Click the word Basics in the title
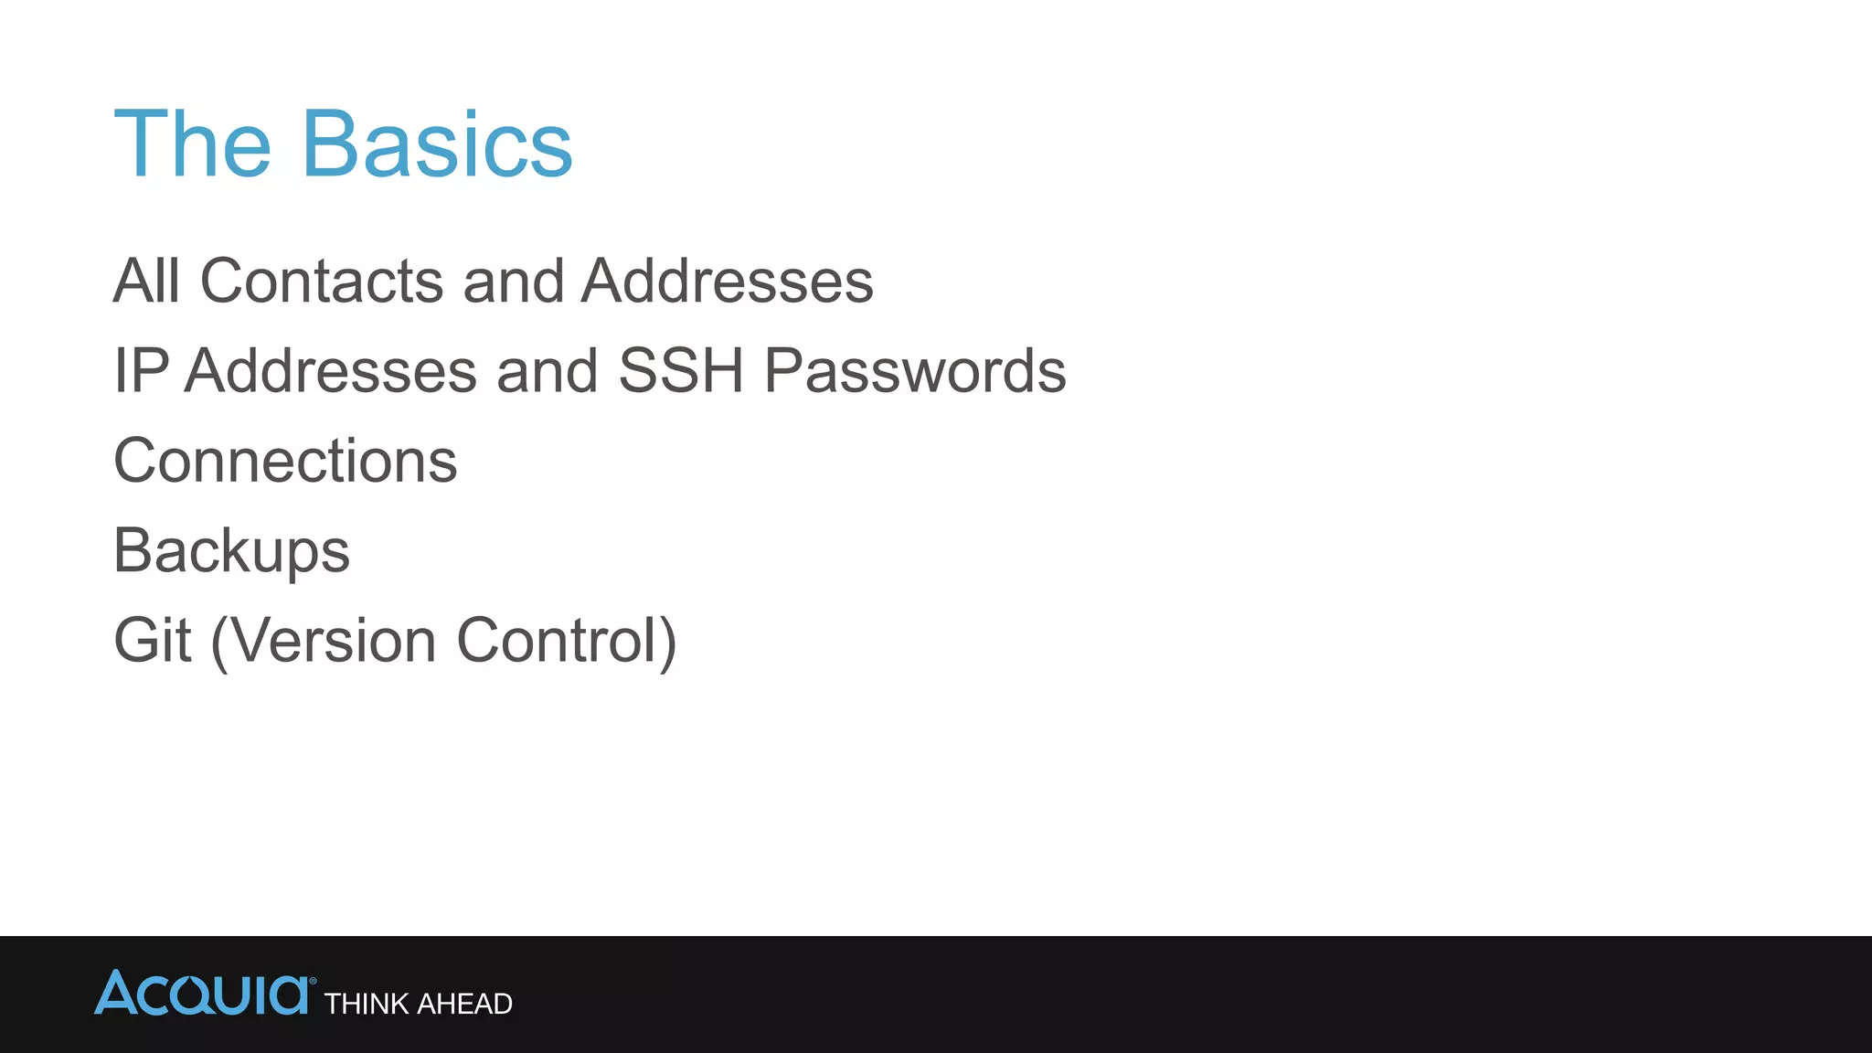(437, 144)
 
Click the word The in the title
(193, 144)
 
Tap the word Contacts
(322, 281)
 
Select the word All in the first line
(146, 281)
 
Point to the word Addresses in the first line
(728, 281)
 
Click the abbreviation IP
(141, 371)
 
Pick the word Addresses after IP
(331, 371)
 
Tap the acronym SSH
(681, 371)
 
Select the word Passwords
(915, 371)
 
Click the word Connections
(285, 461)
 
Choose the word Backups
(231, 551)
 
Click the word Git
(152, 640)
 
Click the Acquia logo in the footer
(203, 994)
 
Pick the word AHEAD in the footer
(464, 1005)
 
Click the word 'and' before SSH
(547, 371)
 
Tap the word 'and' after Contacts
(513, 281)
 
